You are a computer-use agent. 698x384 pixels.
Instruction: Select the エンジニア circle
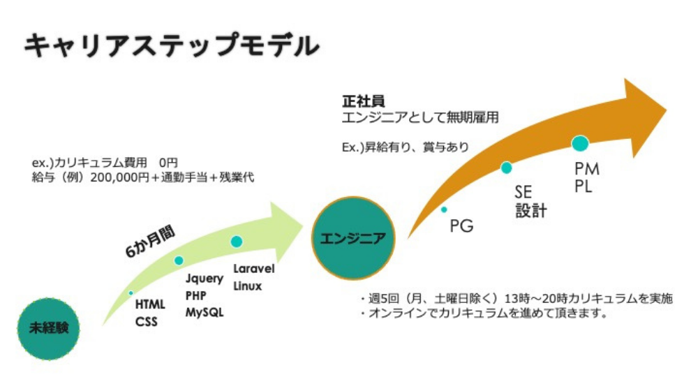coord(352,237)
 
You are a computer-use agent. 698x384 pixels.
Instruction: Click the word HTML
coord(150,304)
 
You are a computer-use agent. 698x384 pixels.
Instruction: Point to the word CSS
coord(147,322)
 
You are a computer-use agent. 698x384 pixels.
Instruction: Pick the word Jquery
coord(205,279)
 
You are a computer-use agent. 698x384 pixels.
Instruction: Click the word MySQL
coord(205,312)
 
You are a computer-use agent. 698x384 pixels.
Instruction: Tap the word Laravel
coord(254,269)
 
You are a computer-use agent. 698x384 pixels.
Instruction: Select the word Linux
coord(248,286)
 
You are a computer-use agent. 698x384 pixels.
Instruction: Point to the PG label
coord(461,226)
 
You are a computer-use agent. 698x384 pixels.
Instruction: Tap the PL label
coord(583,187)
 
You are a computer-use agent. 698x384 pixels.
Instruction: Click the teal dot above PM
coord(580,144)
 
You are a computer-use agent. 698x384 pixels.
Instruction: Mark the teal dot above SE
coord(506,168)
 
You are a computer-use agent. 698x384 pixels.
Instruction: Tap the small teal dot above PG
coord(444,209)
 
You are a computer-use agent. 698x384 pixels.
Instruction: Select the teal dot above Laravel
coord(237,242)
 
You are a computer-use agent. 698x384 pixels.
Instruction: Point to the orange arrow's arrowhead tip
coord(667,106)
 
